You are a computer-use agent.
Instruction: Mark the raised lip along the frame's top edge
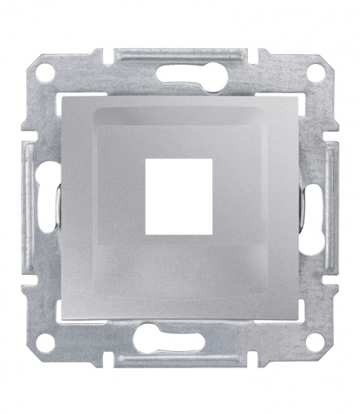coord(179,53)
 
